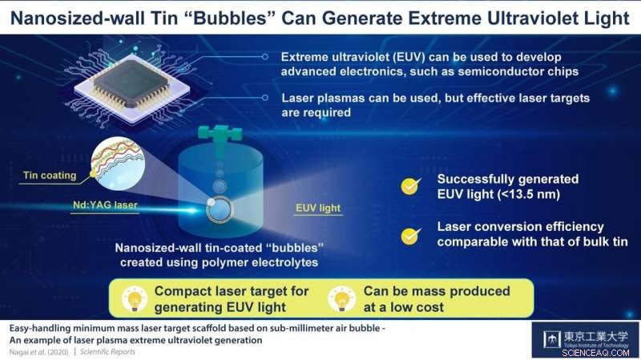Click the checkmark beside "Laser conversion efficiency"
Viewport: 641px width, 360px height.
pyautogui.click(x=409, y=236)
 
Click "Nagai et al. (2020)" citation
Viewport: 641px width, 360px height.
pyautogui.click(x=38, y=352)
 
